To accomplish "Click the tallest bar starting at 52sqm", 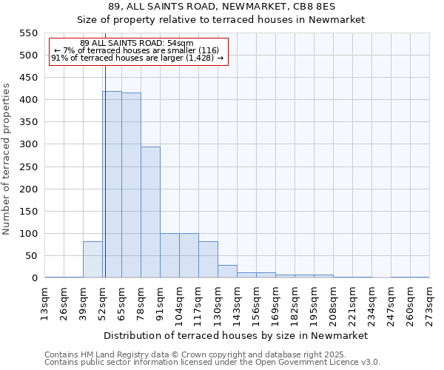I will click(112, 184).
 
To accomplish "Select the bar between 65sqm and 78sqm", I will click(131, 185).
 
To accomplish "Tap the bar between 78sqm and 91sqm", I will click(150, 212).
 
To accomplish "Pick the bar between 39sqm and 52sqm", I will click(92, 259).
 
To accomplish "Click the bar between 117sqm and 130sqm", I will click(208, 259).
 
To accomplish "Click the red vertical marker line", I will click(105, 148).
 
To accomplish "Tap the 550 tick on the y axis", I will click(28, 33).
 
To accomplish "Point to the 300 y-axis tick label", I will click(28, 144).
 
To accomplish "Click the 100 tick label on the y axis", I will click(28, 234).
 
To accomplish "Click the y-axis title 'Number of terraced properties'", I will click(7, 158).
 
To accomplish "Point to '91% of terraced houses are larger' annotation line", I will click(137, 57).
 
